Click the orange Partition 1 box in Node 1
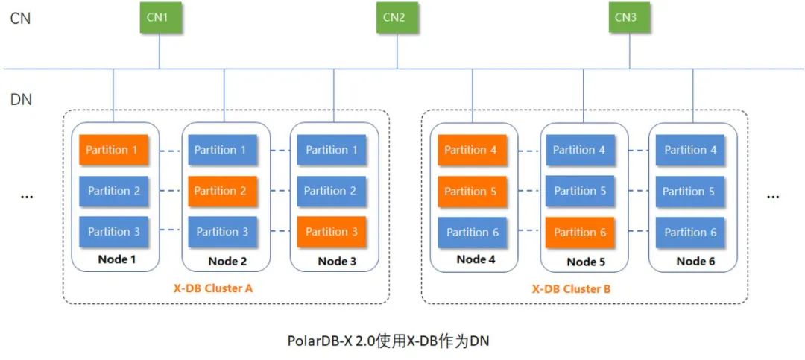(112, 150)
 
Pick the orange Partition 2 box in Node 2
(221, 191)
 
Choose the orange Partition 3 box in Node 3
(332, 231)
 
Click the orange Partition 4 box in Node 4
(471, 150)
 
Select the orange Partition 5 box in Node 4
(471, 191)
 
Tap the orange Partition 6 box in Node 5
(580, 232)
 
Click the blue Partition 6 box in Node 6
(690, 232)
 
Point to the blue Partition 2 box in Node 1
(113, 191)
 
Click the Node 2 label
(227, 261)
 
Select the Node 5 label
(586, 262)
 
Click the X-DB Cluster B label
(571, 288)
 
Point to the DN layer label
(21, 99)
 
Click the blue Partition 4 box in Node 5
(580, 150)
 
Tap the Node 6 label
(695, 261)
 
